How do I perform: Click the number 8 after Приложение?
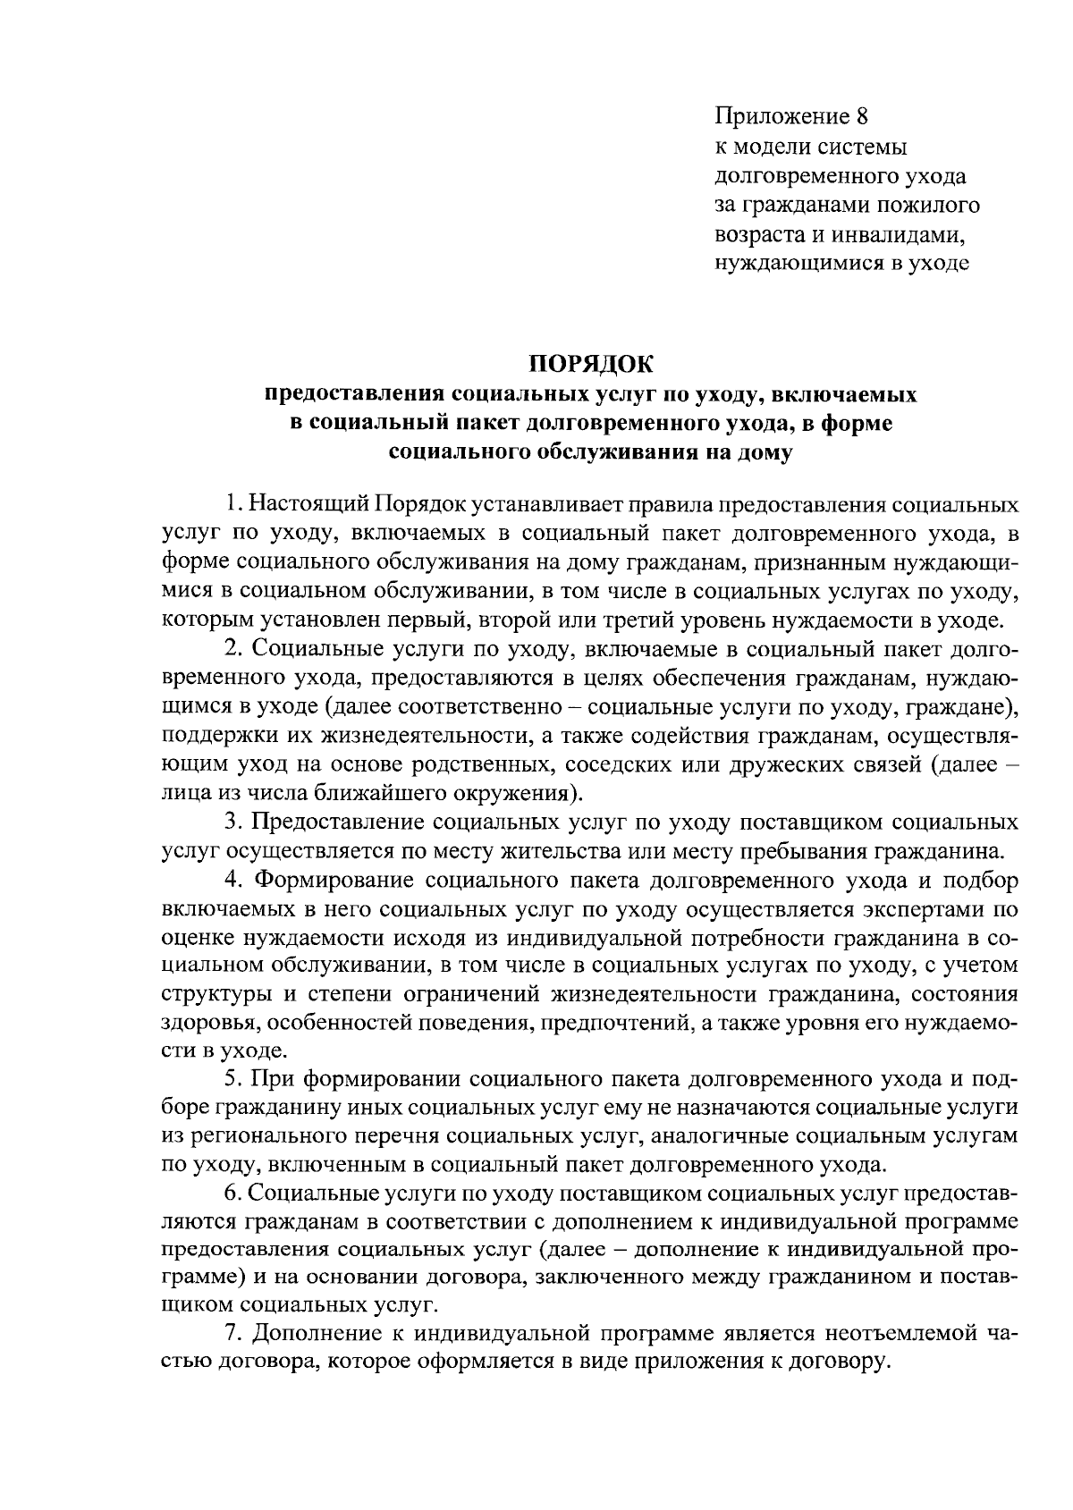pyautogui.click(x=862, y=116)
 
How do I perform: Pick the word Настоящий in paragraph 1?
pyautogui.click(x=308, y=504)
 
